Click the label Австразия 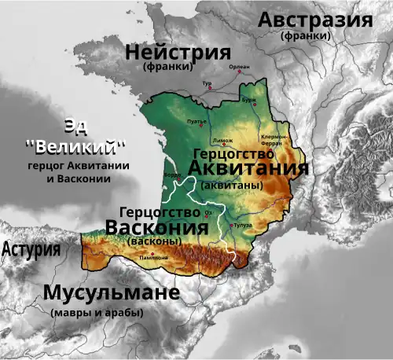(x=315, y=20)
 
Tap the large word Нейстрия (x=178, y=53)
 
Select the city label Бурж (x=249, y=101)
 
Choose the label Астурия (x=32, y=250)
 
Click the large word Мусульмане (x=112, y=295)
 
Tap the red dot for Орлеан (x=239, y=73)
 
